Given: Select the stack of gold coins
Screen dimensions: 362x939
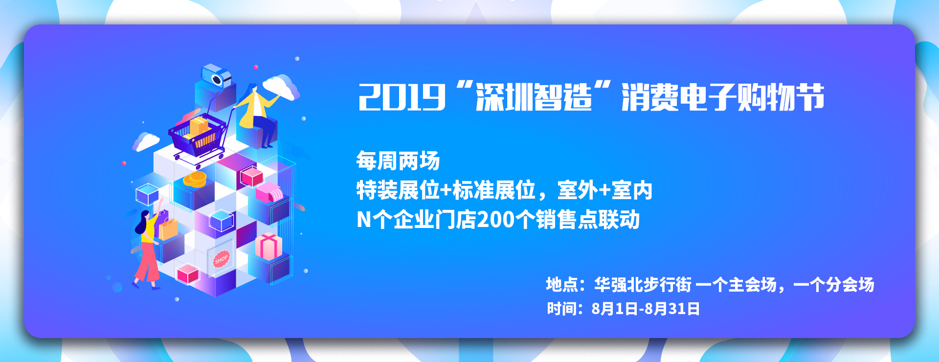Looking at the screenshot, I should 195,179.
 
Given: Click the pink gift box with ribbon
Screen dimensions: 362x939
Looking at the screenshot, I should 268,246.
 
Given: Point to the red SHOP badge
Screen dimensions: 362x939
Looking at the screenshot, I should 221,259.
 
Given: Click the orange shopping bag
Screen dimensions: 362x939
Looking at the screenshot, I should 168,228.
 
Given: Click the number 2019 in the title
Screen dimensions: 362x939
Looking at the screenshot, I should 402,97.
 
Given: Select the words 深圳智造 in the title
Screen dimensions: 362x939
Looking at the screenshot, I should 534,97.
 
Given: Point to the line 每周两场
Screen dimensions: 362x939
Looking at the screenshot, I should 398,161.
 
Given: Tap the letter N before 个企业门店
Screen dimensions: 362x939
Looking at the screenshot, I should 364,220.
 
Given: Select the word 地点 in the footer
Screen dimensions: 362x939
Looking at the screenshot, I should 561,284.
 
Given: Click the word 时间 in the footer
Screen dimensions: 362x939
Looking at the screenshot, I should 561,309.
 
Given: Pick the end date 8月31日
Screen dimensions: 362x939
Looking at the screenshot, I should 672,309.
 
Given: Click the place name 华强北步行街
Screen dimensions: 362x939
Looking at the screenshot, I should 643,284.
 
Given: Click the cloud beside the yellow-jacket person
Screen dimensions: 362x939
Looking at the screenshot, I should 282,87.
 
